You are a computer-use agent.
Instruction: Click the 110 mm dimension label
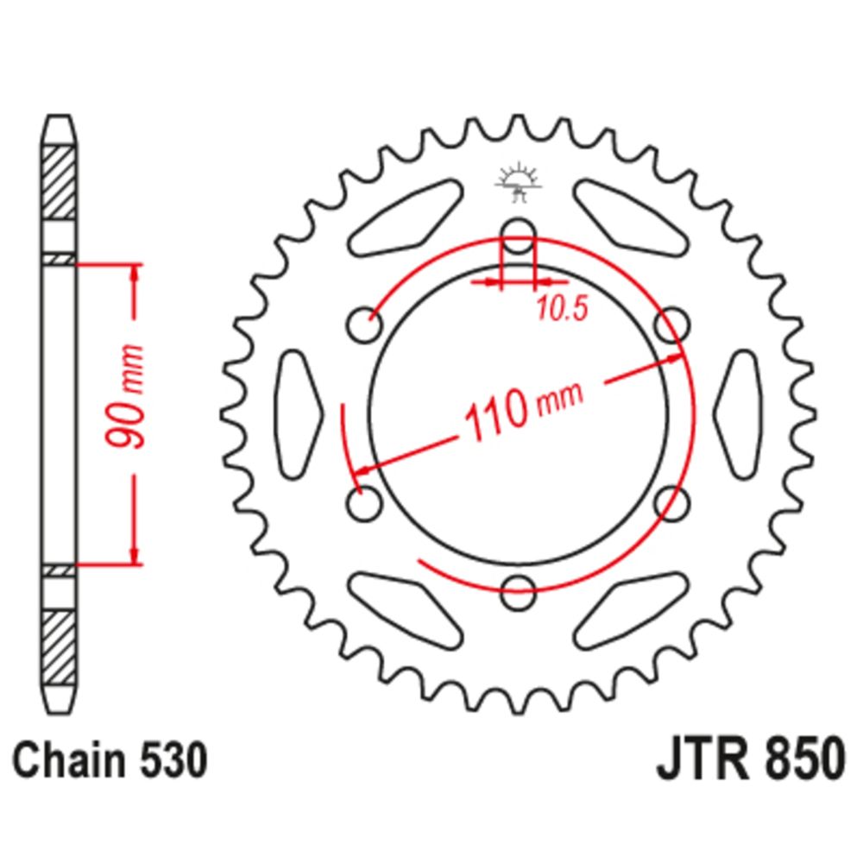point(524,408)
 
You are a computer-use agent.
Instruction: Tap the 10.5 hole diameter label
point(562,308)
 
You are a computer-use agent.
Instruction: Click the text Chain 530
point(110,760)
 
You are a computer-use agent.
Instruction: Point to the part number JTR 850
point(751,759)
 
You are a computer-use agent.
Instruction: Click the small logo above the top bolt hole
point(517,182)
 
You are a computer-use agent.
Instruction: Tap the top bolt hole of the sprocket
point(518,236)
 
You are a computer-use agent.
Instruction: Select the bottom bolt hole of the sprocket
point(518,592)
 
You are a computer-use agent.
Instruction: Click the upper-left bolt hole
point(364,325)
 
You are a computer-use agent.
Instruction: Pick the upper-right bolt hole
point(672,325)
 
